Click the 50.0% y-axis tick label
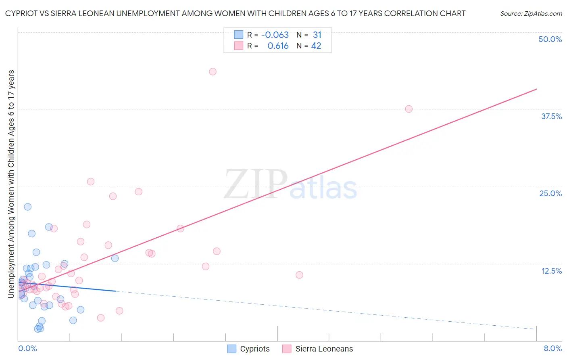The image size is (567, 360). pyautogui.click(x=550, y=39)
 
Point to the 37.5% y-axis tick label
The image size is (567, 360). pyautogui.click(x=551, y=116)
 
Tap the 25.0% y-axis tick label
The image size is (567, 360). pyautogui.click(x=550, y=193)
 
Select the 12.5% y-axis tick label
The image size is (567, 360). pyautogui.click(x=551, y=271)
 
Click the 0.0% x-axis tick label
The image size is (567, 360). pyautogui.click(x=27, y=348)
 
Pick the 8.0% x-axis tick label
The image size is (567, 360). pyautogui.click(x=552, y=348)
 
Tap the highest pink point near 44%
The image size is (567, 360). pyautogui.click(x=213, y=71)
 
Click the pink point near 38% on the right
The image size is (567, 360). pyautogui.click(x=409, y=109)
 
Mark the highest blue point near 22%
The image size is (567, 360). pyautogui.click(x=27, y=207)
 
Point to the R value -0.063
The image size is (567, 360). pyautogui.click(x=275, y=35)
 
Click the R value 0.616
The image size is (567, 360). pyautogui.click(x=278, y=46)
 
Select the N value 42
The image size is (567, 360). pyautogui.click(x=316, y=46)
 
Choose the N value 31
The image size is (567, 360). pyautogui.click(x=317, y=35)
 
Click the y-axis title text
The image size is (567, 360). pyautogui.click(x=11, y=184)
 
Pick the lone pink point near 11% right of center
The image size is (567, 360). pyautogui.click(x=299, y=275)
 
